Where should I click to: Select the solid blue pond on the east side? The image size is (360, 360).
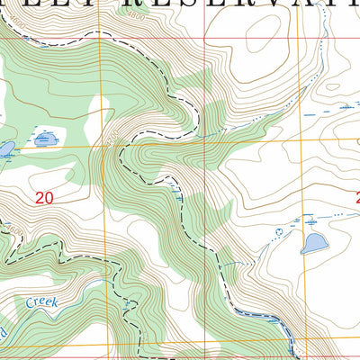[x=313, y=244]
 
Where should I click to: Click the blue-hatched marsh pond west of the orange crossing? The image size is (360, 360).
[x=46, y=139]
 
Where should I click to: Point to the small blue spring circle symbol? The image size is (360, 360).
[x=278, y=231]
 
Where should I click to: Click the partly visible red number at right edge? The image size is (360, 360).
[x=356, y=197]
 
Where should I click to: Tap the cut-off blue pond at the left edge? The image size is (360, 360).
[x=5, y=149]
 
